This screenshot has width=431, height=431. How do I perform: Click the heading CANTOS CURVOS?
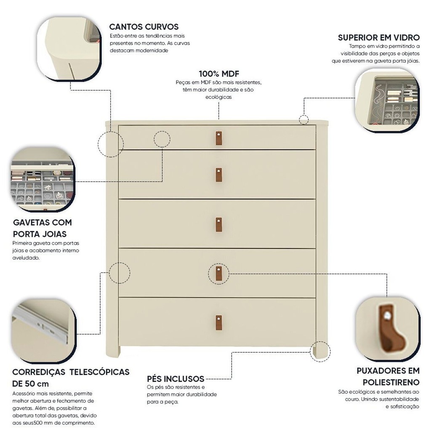(144, 27)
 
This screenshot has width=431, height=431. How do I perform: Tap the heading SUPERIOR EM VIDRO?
(379, 37)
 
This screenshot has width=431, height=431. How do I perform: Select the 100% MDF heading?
(219, 74)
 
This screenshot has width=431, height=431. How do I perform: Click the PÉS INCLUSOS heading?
(176, 379)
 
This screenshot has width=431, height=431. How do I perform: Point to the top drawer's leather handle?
(218, 138)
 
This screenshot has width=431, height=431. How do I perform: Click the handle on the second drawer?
(218, 175)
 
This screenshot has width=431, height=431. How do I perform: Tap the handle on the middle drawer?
(218, 225)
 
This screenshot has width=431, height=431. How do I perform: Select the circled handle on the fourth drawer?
(218, 274)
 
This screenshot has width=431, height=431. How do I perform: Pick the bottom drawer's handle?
(218, 322)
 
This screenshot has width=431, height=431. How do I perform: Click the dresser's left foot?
(113, 351)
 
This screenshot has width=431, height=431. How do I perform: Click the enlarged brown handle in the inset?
(390, 328)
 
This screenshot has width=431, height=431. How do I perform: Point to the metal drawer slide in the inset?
(41, 325)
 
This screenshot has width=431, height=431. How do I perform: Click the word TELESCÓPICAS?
(99, 372)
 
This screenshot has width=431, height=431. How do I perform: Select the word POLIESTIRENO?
(391, 382)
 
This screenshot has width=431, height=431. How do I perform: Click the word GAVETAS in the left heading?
(30, 222)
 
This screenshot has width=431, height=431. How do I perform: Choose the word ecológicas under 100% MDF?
(218, 97)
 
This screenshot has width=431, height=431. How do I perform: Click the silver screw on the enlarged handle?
(387, 315)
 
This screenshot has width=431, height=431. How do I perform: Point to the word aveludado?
(26, 258)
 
